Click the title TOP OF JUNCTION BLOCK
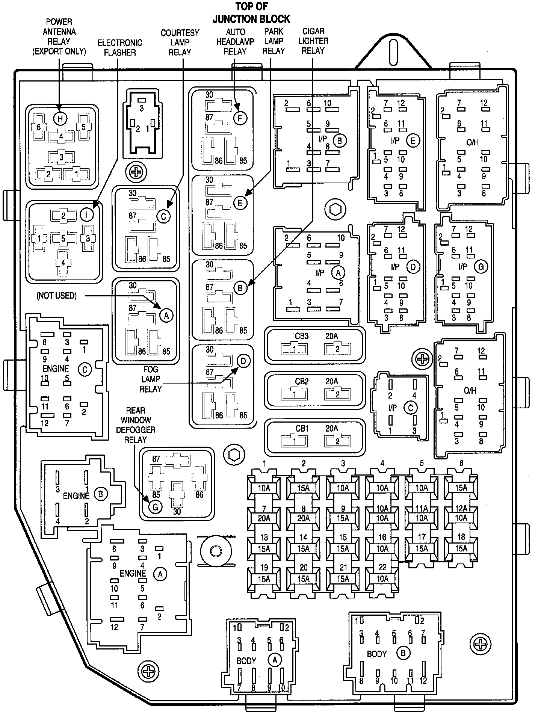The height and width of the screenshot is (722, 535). [251, 13]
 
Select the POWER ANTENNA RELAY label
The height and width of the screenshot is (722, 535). [59, 37]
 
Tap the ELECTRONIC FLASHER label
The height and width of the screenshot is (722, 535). [120, 48]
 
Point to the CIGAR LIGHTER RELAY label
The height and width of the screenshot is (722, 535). [313, 41]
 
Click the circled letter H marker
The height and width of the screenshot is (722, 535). [60, 118]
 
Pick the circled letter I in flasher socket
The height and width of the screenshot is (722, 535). [87, 215]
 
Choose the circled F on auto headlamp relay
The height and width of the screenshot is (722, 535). [240, 118]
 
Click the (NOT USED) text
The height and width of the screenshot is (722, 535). [56, 296]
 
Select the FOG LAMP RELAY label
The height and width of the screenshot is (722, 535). [150, 379]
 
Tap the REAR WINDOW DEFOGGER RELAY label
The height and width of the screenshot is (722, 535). [135, 425]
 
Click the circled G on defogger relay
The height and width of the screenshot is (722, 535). [155, 507]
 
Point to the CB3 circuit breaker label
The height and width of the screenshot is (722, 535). [301, 337]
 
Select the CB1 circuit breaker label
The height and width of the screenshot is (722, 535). [301, 429]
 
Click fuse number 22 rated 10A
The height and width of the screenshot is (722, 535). [382, 579]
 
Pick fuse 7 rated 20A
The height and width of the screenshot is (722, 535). [264, 518]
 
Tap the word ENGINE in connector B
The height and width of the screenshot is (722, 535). [76, 496]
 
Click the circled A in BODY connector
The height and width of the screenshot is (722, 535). [275, 660]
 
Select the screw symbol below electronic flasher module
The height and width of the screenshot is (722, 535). [135, 172]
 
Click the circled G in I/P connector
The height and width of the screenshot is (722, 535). [481, 267]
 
